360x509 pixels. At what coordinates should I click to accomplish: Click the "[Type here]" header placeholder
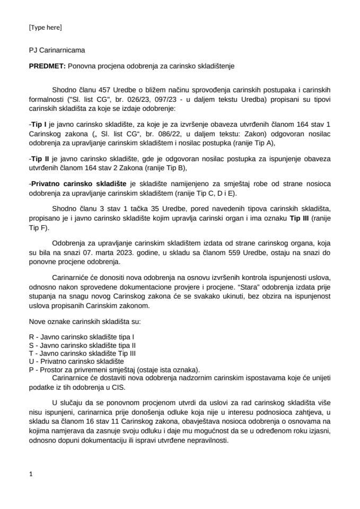click(x=45, y=27)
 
